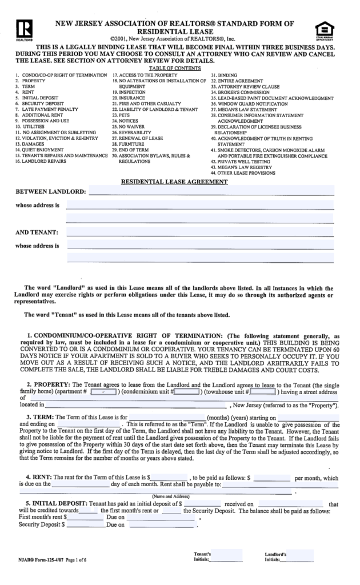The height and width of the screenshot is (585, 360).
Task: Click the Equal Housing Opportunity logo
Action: [323, 30]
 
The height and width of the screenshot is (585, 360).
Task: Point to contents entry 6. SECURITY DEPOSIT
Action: [37, 103]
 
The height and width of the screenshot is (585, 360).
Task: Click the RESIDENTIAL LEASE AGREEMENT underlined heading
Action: [174, 182]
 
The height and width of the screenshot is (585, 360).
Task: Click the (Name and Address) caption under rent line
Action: [170, 497]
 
